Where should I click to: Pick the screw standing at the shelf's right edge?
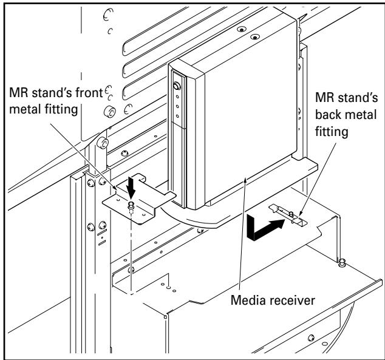click(x=341, y=263)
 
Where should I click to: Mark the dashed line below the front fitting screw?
click(x=131, y=255)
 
